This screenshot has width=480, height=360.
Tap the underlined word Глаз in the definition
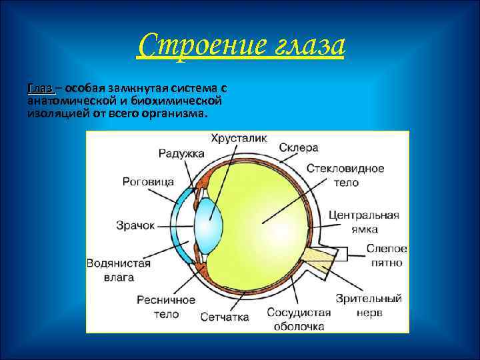pos(39,89)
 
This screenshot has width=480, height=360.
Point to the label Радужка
pos(181,153)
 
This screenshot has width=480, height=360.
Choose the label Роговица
pos(149,181)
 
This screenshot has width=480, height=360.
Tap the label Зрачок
pos(135,225)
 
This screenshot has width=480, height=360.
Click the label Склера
pos(299,147)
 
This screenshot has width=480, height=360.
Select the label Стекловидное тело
pos(346,175)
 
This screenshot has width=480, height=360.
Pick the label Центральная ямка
pos(364,221)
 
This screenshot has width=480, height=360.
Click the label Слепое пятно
pos(387,255)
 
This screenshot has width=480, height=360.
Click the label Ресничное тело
pos(166,307)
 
